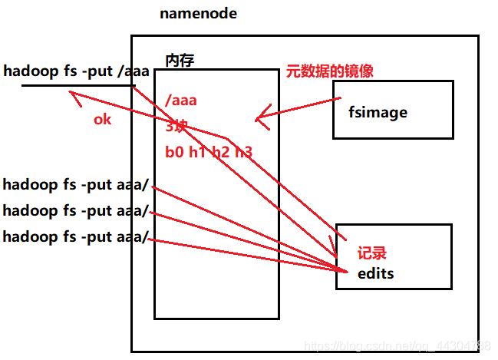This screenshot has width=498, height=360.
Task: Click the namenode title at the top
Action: (x=198, y=14)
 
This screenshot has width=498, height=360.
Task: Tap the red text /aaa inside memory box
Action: (x=181, y=100)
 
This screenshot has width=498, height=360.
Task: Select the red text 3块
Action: (x=177, y=126)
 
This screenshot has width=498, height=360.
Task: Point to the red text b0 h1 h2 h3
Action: (x=208, y=152)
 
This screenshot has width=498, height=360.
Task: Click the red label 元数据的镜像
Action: (x=329, y=71)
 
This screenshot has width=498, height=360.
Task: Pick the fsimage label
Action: (x=377, y=112)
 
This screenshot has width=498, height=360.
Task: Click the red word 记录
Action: (x=372, y=253)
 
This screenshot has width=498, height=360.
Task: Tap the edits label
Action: (x=375, y=272)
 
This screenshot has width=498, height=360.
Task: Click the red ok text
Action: (x=102, y=119)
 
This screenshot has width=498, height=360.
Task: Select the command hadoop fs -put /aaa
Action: (x=76, y=72)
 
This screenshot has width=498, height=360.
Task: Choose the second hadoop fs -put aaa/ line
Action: (x=77, y=211)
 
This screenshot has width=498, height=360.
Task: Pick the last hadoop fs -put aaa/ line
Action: (x=77, y=236)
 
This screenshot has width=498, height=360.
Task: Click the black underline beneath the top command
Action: (x=77, y=85)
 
